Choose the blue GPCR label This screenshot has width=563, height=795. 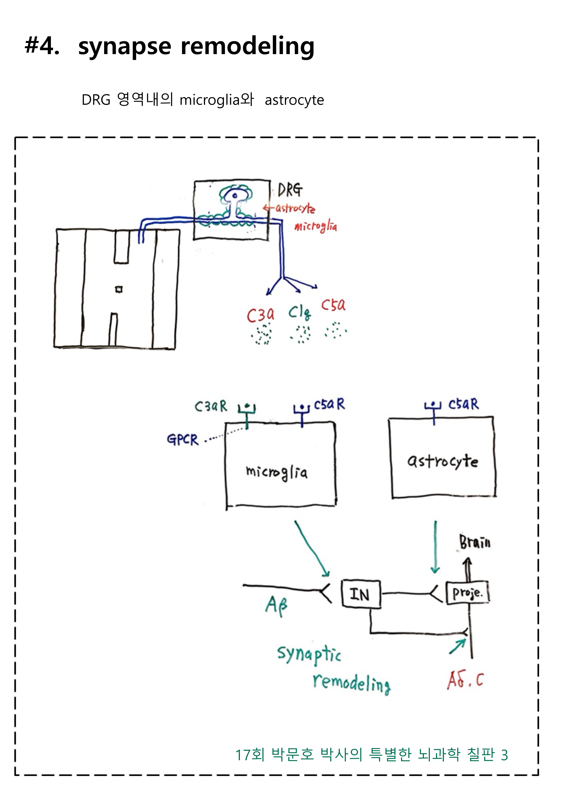[x=183, y=440]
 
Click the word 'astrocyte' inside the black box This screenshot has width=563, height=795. [x=443, y=462]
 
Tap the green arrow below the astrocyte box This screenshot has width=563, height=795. [x=435, y=547]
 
